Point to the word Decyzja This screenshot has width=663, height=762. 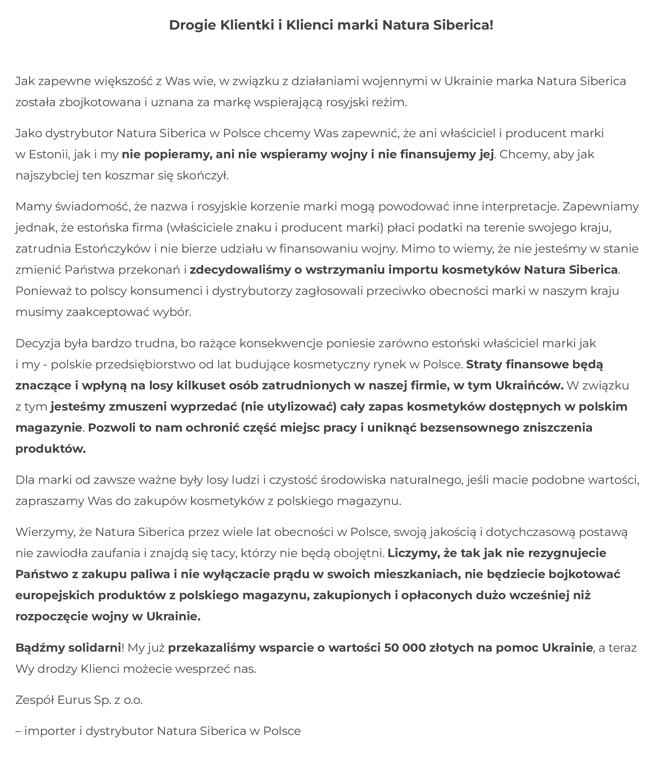coord(38,343)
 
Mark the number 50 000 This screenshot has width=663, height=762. coord(405,647)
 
